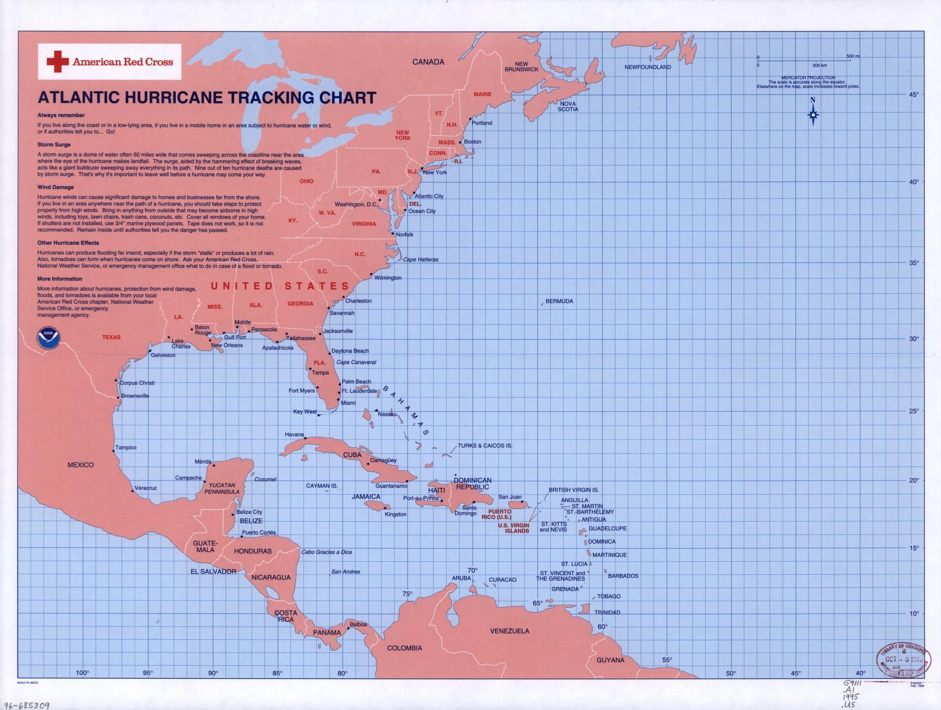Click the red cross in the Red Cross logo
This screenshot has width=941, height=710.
coord(57,62)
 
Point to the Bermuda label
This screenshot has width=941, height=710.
coord(559,301)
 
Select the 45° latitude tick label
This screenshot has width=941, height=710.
coord(914,94)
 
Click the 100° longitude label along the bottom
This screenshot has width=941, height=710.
coord(82,673)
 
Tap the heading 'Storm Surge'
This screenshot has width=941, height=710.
coord(54,145)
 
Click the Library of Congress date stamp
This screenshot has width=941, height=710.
coord(900,659)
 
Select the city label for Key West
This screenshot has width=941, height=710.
coord(305,412)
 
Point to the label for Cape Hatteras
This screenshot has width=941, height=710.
coord(420,260)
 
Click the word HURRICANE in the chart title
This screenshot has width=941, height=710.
coord(173,98)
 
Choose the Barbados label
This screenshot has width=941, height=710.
coord(623,576)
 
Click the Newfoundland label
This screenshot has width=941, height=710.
coord(648,67)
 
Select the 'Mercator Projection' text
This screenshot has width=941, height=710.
coord(808,78)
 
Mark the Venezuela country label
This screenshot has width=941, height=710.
coord(510,631)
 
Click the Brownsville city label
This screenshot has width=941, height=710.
coord(135,396)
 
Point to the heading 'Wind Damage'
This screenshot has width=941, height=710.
coord(55,187)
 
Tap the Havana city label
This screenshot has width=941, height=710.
coord(294,435)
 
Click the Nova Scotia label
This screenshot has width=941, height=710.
coord(568,107)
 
